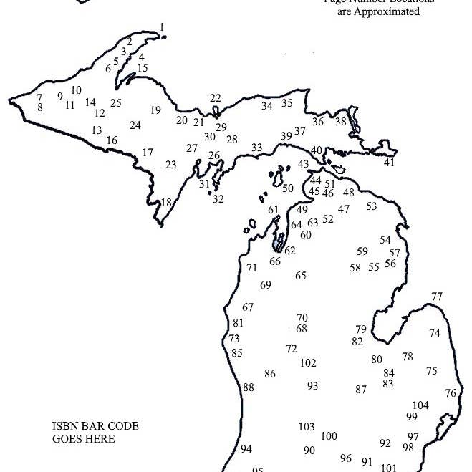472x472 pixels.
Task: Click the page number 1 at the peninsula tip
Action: click(x=162, y=28)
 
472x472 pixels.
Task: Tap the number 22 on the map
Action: click(x=216, y=98)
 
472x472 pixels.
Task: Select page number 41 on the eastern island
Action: click(x=389, y=163)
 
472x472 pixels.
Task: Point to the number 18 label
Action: click(x=165, y=203)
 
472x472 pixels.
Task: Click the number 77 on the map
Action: click(x=437, y=297)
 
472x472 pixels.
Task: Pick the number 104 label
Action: click(x=420, y=405)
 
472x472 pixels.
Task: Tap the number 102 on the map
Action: click(x=308, y=363)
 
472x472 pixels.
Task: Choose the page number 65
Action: click(x=301, y=276)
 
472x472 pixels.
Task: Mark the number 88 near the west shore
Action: click(x=249, y=387)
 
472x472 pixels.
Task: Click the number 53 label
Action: click(x=371, y=206)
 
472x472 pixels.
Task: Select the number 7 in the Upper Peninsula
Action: click(x=39, y=97)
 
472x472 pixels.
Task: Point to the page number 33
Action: click(x=256, y=148)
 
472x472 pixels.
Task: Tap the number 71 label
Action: click(x=251, y=268)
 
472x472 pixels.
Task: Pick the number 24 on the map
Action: click(x=135, y=125)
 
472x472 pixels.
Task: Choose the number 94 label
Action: click(x=246, y=449)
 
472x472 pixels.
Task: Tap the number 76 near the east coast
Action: click(x=450, y=393)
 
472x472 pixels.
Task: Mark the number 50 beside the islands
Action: click(x=288, y=188)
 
